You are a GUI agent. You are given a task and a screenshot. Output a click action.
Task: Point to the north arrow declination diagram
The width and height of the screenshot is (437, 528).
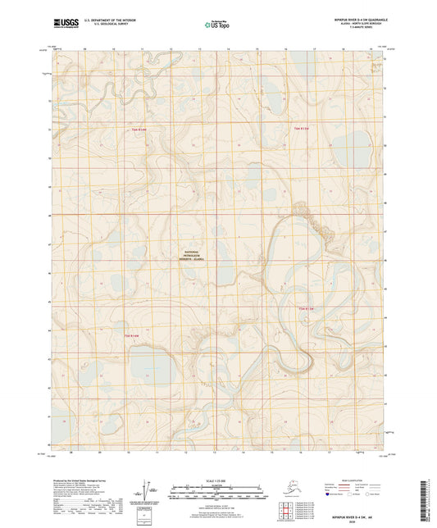[x=150, y=489]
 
